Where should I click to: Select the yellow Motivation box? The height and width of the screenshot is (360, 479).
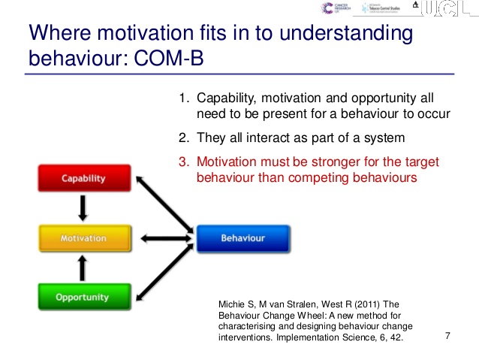point(83,238)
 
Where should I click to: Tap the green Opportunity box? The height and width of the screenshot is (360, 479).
point(83,298)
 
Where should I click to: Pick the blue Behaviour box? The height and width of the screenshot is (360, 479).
point(243,238)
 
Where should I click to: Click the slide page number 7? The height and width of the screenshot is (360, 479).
point(447,335)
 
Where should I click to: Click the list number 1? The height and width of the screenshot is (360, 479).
point(182,98)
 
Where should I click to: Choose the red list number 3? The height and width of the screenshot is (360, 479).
point(182,162)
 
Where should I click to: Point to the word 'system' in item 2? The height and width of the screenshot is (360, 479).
point(385,138)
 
